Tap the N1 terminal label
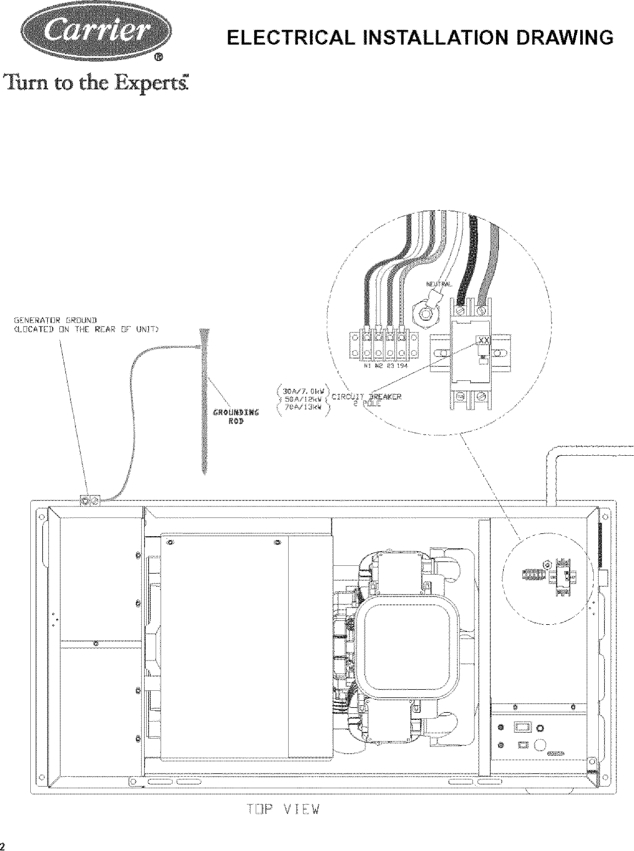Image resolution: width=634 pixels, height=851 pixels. (366, 364)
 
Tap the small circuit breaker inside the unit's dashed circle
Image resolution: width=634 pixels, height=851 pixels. (564, 572)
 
